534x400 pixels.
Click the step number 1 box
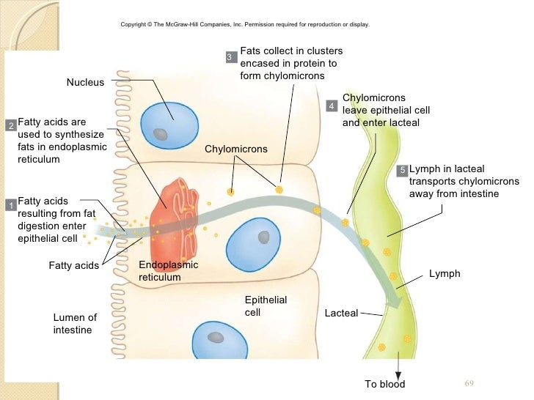point(11,205)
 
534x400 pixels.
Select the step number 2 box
point(11,127)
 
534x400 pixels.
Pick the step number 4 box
point(331,107)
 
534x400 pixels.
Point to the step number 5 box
point(401,170)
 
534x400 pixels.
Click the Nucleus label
point(85,83)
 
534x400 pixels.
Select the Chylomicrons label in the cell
point(235,149)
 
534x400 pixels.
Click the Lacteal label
point(341,313)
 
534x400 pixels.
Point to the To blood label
point(384,385)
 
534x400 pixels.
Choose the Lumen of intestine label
point(75,324)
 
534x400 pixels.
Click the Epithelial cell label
point(265,306)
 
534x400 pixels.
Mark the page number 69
point(471,383)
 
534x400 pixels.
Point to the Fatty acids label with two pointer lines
point(73,265)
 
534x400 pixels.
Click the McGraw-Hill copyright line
point(245,25)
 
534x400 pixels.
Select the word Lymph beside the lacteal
point(445,273)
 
